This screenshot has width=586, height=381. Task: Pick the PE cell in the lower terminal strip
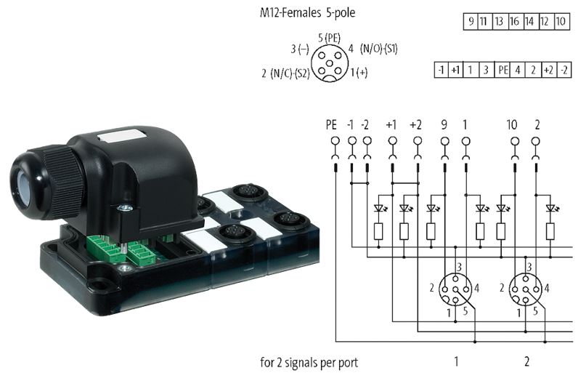click(x=502, y=70)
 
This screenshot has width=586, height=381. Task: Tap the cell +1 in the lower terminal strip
click(x=455, y=70)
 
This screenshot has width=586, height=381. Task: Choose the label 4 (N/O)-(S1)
click(x=373, y=49)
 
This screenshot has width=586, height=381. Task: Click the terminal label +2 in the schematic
click(x=417, y=124)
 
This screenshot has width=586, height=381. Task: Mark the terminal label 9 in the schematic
click(x=443, y=124)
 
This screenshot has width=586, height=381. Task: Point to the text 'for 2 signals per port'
click(x=309, y=361)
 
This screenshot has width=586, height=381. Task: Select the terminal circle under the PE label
click(x=335, y=140)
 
